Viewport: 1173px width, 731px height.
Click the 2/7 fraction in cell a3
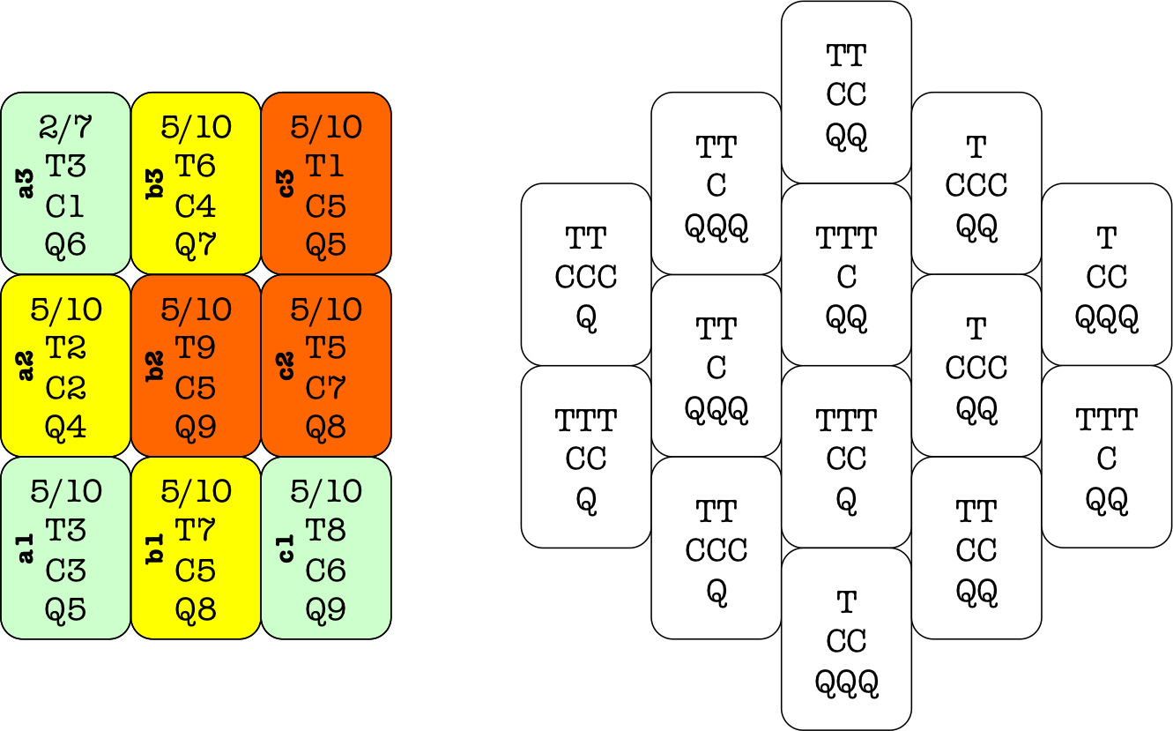[66, 127]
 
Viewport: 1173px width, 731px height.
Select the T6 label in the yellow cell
[196, 166]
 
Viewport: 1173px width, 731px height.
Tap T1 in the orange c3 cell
[325, 166]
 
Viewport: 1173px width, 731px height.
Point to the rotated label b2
[156, 368]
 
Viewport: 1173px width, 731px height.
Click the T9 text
[196, 348]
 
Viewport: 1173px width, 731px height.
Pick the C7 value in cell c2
[325, 388]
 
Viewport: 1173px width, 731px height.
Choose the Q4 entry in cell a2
[66, 428]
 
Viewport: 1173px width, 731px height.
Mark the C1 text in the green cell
[66, 205]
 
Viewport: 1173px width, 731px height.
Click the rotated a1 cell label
[26, 550]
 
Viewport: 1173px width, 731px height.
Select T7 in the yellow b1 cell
[196, 531]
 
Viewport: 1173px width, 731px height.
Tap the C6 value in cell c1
[325, 571]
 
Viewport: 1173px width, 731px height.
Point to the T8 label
[325, 531]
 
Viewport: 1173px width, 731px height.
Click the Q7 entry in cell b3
[196, 244]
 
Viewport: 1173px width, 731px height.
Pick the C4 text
[196, 205]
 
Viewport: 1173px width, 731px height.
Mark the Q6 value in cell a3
[66, 244]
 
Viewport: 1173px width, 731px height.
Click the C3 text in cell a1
[66, 571]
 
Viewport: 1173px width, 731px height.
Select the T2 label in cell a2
[66, 348]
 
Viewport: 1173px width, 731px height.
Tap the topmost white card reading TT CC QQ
[846, 93]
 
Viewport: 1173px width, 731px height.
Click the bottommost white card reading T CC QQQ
[846, 639]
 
